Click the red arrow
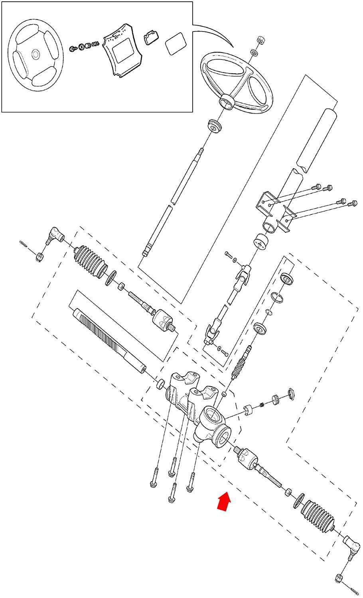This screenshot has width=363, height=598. [225, 501]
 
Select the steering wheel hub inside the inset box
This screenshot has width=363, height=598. [36, 54]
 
